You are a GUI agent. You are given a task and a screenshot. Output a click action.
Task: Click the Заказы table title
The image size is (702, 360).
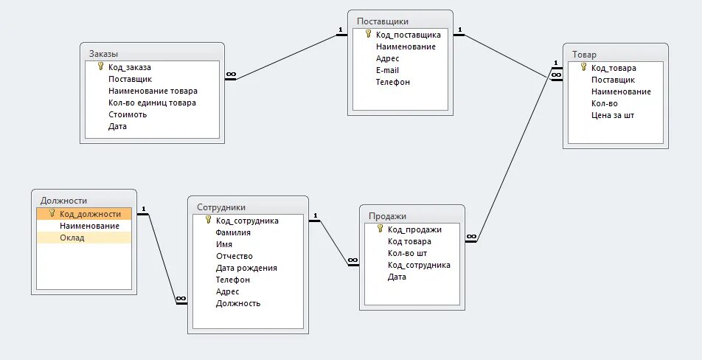click(104, 54)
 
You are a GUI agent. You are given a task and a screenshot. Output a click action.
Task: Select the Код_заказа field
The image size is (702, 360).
click(130, 67)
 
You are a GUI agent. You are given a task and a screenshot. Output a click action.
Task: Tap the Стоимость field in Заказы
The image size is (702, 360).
click(128, 114)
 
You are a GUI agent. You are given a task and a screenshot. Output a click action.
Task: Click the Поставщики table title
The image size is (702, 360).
click(382, 21)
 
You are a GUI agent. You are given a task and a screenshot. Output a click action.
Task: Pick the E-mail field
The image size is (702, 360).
click(387, 70)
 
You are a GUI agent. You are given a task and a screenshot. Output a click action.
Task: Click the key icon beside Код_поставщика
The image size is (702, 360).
click(367, 34)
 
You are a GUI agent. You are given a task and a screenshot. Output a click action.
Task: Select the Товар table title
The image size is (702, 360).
click(584, 55)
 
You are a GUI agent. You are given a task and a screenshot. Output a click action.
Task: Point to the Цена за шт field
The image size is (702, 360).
click(612, 115)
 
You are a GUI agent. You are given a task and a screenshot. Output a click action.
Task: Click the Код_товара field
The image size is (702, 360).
click(614, 68)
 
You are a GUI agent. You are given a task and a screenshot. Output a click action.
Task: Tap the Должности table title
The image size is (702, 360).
click(64, 200)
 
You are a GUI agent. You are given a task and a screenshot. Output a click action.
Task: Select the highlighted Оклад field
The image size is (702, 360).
click(72, 238)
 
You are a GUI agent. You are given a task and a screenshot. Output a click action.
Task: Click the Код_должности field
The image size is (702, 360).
click(90, 214)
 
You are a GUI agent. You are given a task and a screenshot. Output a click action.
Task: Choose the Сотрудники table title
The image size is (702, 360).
click(221, 207)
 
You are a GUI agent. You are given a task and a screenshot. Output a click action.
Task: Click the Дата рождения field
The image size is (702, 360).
click(246, 268)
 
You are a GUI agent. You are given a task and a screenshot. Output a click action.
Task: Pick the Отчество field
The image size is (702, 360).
click(235, 256)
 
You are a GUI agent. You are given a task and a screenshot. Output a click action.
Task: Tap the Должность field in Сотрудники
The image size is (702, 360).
click(238, 303)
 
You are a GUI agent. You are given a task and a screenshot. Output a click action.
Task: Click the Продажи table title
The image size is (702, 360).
click(387, 216)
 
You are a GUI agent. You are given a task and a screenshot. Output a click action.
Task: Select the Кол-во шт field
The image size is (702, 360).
click(407, 253)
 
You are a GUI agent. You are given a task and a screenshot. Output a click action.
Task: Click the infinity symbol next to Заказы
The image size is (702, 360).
click(230, 74)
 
